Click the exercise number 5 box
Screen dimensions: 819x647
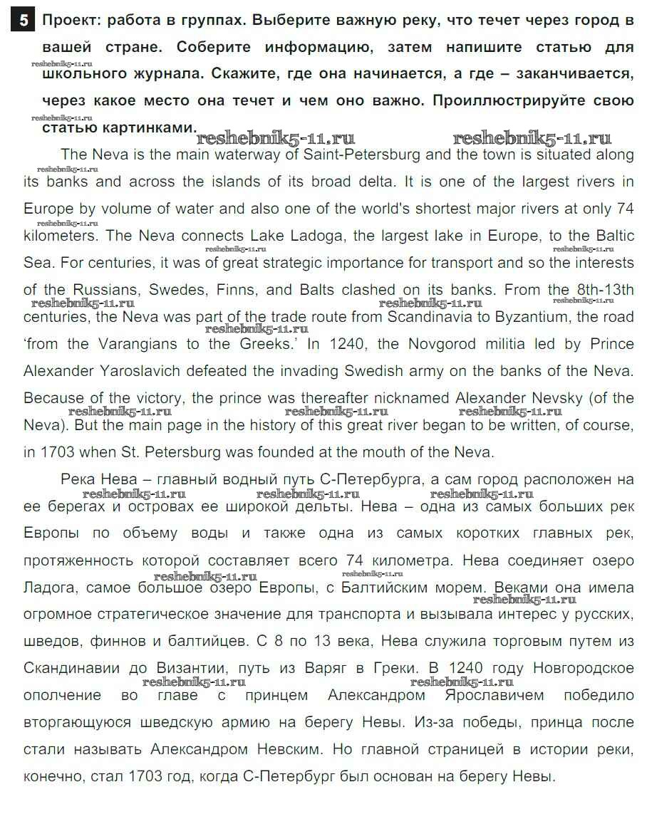click(x=24, y=21)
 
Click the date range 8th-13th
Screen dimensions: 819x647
click(x=601, y=291)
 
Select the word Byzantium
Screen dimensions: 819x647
click(x=527, y=318)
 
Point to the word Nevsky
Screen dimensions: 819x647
click(x=553, y=399)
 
